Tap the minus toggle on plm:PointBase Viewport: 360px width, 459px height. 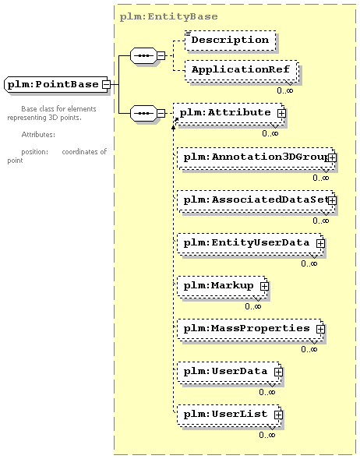(x=106, y=85)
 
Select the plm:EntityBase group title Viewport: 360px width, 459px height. (x=168, y=16)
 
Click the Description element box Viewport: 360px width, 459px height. (x=231, y=41)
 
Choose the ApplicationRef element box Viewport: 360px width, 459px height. (x=242, y=71)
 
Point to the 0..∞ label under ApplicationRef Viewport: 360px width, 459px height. (x=284, y=90)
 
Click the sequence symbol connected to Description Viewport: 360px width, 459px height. (x=143, y=55)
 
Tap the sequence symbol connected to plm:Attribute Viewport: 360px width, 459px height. (x=143, y=113)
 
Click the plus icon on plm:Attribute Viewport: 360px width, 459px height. (x=281, y=113)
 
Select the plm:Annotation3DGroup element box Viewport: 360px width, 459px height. (x=256, y=158)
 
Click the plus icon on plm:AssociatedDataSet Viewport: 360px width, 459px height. (x=332, y=200)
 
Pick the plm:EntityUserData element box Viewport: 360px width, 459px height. (x=251, y=244)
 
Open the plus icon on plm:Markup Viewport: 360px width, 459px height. (x=264, y=286)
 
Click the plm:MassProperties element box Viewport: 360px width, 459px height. (x=251, y=330)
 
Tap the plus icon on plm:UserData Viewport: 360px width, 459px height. (x=278, y=372)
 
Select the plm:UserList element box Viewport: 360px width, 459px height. (x=229, y=415)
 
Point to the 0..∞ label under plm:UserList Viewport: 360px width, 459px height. (x=267, y=435)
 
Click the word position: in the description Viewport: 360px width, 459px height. (x=35, y=152)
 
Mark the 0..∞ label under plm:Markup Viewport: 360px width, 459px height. (x=253, y=306)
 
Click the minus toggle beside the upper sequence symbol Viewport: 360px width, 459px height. (x=161, y=55)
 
